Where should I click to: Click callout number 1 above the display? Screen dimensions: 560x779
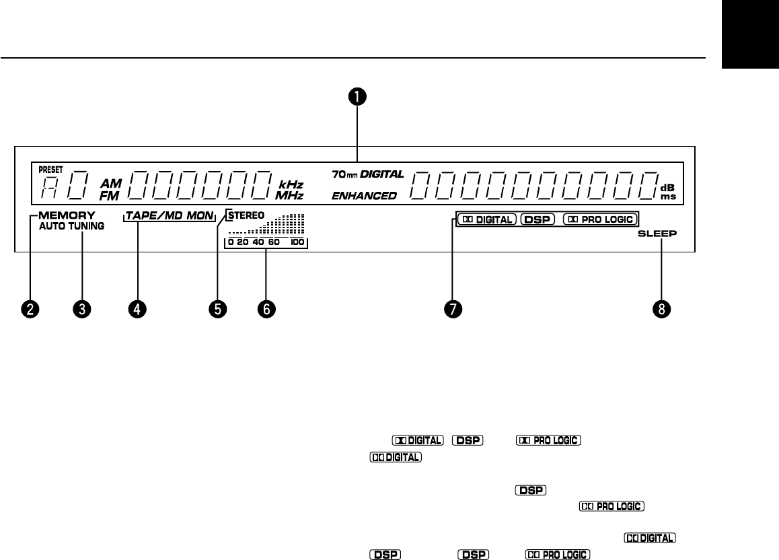point(357,96)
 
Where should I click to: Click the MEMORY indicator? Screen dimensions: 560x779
point(67,216)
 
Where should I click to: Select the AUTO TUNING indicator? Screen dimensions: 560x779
point(71,227)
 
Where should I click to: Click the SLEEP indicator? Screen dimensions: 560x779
point(657,234)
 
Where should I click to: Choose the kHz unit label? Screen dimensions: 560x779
point(291,184)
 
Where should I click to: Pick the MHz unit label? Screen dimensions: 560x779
point(291,196)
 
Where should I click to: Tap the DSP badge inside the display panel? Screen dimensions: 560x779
point(537,219)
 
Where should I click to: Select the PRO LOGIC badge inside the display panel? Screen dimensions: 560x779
point(599,219)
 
